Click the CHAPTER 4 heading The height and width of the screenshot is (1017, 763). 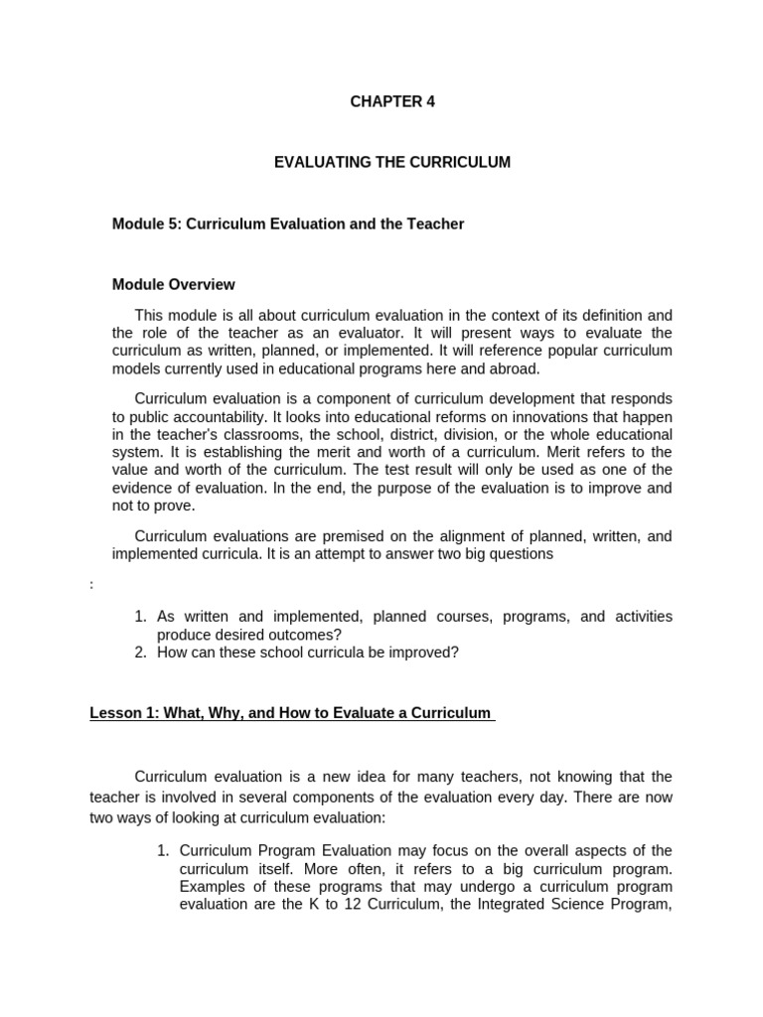[392, 101]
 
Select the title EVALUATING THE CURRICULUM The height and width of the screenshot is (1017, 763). [392, 162]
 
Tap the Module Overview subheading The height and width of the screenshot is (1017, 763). [174, 284]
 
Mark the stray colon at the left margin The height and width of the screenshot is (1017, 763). [91, 585]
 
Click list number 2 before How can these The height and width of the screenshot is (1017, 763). [140, 652]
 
